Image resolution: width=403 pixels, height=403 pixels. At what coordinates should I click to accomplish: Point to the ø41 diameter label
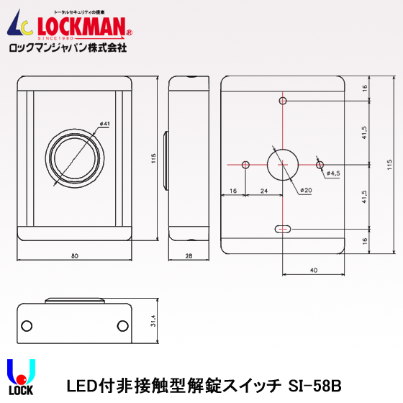click(104, 124)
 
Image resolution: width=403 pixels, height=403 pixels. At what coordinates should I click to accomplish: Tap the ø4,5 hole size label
click(333, 173)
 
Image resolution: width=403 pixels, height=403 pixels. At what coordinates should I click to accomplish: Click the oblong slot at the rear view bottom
click(283, 230)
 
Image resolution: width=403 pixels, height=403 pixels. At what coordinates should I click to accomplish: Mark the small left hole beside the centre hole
click(246, 165)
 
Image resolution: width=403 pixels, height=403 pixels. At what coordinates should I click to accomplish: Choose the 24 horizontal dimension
click(264, 191)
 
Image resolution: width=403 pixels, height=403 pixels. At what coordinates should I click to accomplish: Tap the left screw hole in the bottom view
click(27, 325)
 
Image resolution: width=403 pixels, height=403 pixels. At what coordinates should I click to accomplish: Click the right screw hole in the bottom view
click(123, 325)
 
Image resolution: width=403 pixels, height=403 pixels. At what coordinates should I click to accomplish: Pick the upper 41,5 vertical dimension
click(365, 132)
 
